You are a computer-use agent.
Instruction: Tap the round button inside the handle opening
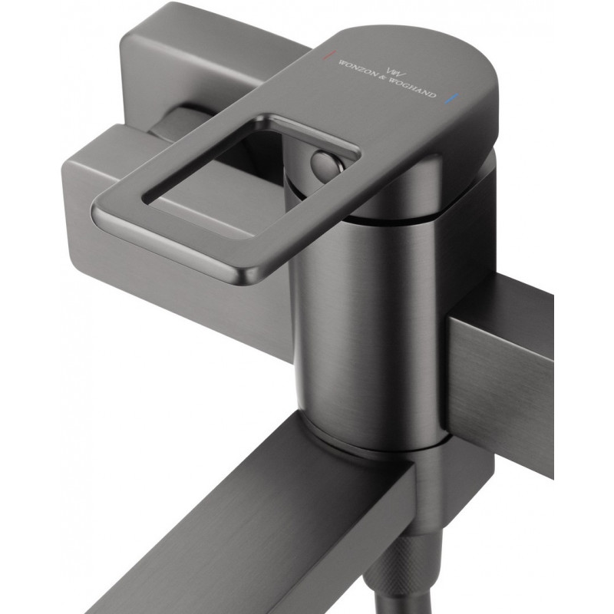(325, 163)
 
